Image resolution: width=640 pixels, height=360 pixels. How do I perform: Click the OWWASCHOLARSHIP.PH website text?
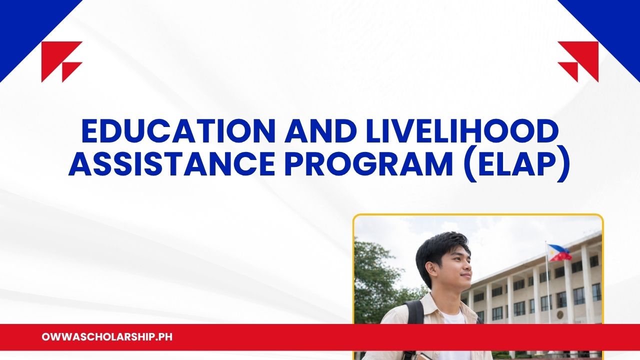107,337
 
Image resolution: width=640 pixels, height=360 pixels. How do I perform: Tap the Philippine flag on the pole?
559,252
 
